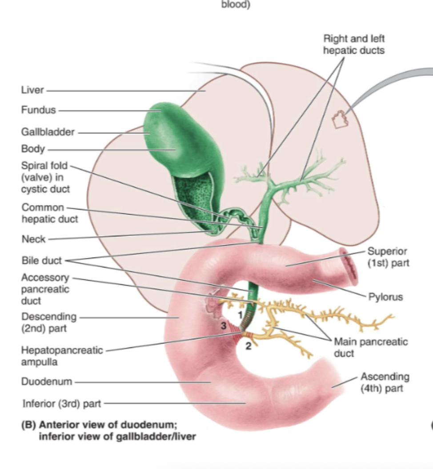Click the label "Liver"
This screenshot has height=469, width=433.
point(32,90)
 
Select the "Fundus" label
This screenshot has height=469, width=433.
point(38,110)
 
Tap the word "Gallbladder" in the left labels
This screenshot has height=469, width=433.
point(48,132)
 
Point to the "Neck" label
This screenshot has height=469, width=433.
point(33,239)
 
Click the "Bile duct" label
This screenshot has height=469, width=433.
point(41,261)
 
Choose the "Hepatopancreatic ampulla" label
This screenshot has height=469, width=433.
point(61,356)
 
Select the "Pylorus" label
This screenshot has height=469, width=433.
point(385,297)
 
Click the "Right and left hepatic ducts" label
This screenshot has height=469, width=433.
point(353,44)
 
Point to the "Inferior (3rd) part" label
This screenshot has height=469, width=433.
point(61,404)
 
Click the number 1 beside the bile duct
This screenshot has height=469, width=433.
point(240,314)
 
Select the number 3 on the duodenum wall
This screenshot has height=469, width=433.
point(224,326)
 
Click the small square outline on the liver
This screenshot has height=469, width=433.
point(341,119)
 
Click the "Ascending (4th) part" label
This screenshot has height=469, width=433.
point(385,382)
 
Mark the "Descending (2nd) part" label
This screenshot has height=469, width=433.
point(48,323)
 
